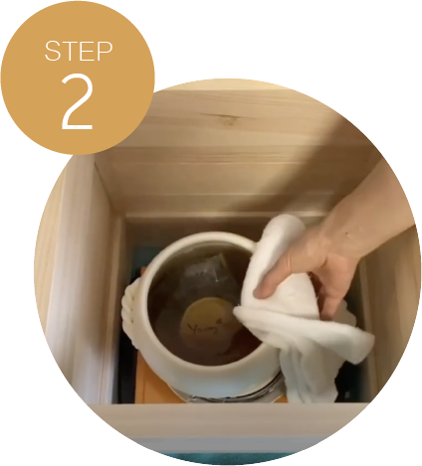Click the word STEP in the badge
[79, 51]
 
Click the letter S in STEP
[53, 51]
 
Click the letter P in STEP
[105, 51]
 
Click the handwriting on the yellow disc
[205, 327]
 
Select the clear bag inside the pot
[207, 275]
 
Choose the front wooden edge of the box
[229, 419]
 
